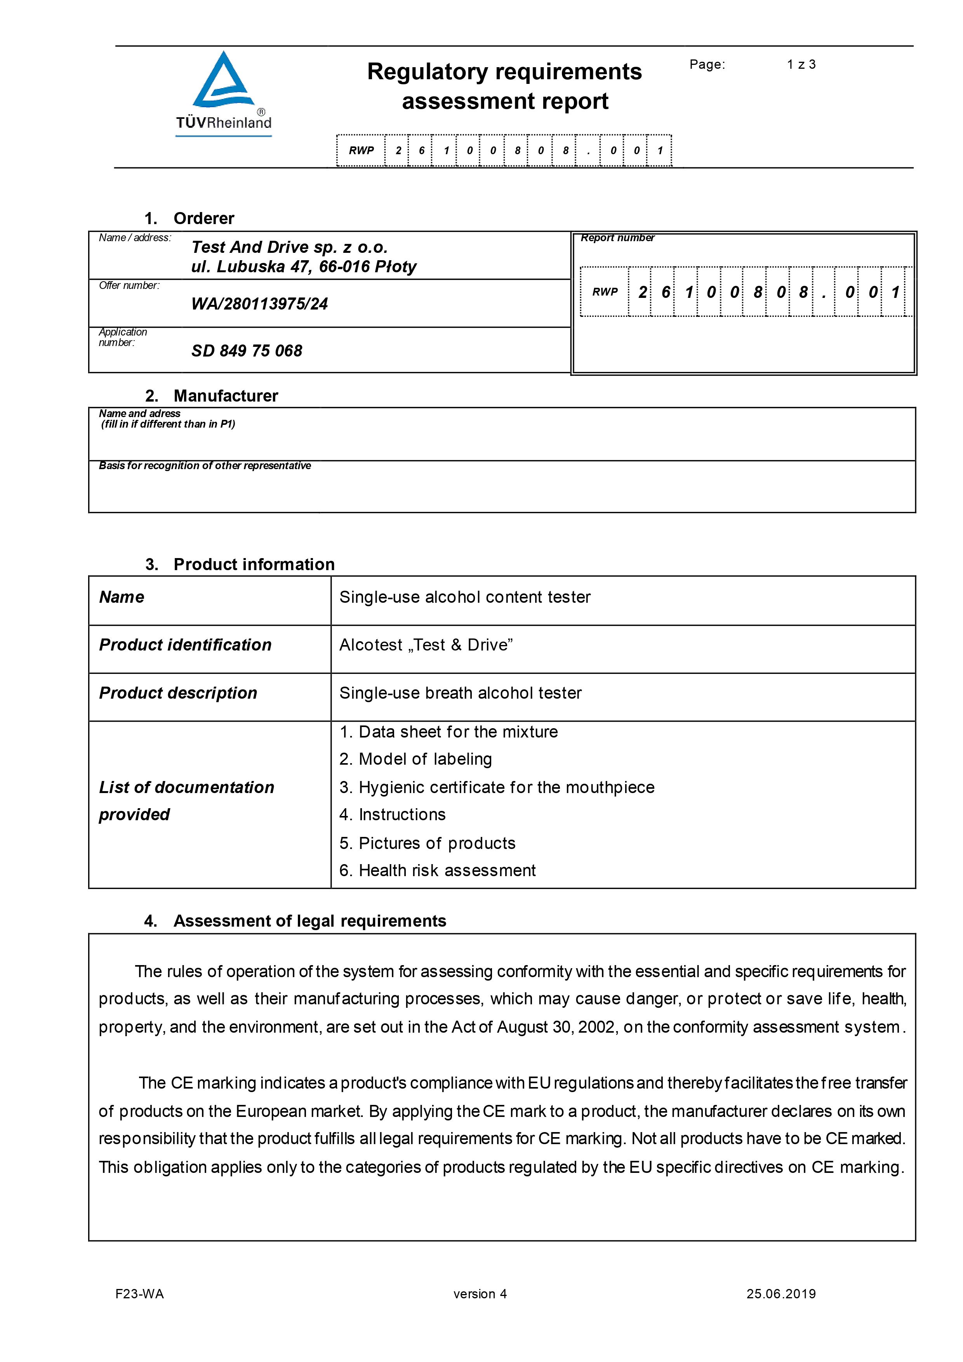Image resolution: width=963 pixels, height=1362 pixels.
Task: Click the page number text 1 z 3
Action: click(x=801, y=64)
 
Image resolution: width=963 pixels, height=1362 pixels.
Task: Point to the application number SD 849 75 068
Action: click(x=247, y=351)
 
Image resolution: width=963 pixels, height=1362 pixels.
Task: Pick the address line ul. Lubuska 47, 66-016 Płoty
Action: click(x=304, y=267)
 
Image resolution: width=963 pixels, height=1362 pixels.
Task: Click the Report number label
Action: click(x=617, y=238)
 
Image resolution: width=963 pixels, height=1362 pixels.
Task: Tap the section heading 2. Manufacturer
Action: click(x=211, y=396)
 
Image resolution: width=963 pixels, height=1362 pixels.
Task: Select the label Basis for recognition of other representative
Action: click(x=205, y=466)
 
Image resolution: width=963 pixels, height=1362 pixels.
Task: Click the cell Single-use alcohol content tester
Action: click(x=465, y=597)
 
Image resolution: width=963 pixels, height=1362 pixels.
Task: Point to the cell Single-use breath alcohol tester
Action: click(x=460, y=694)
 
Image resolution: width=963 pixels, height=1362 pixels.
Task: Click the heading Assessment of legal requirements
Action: click(x=309, y=921)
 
